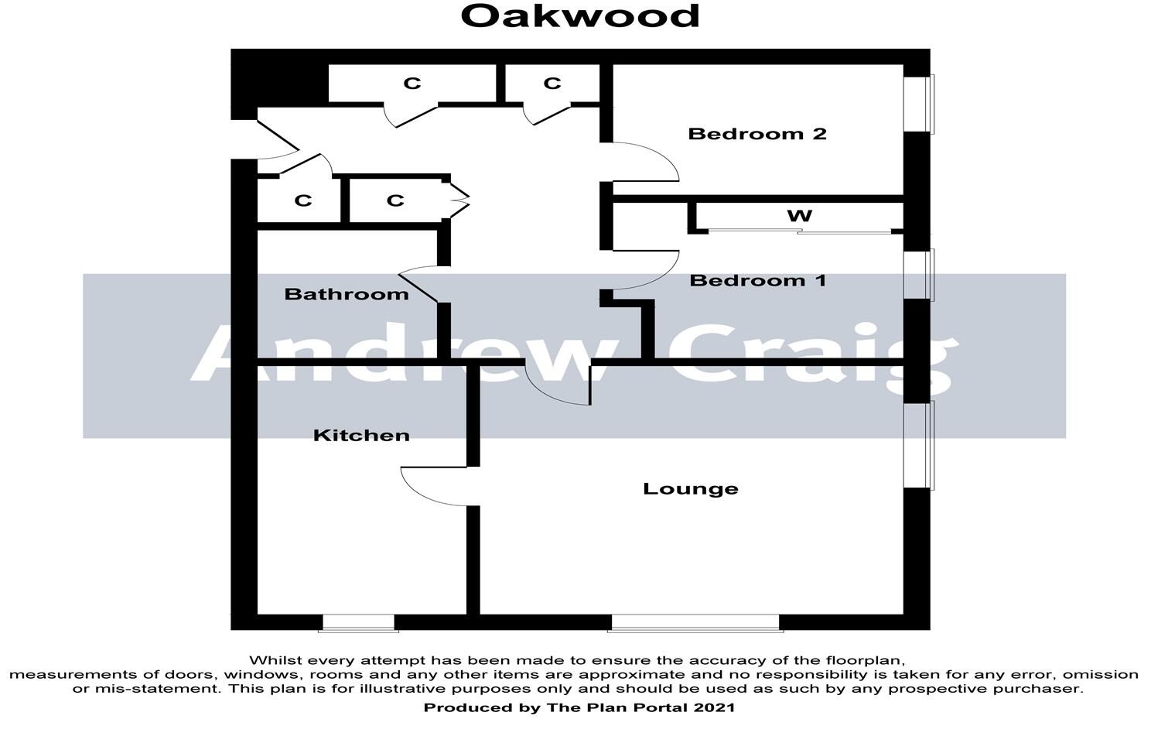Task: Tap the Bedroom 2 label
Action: click(757, 134)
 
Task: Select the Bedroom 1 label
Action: click(757, 280)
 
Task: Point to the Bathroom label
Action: click(347, 294)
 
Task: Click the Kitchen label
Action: click(361, 436)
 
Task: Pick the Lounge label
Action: click(691, 489)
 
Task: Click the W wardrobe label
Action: click(799, 215)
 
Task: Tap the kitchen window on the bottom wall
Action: click(358, 622)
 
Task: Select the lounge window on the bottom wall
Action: click(695, 622)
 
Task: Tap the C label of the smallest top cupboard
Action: click(552, 84)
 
